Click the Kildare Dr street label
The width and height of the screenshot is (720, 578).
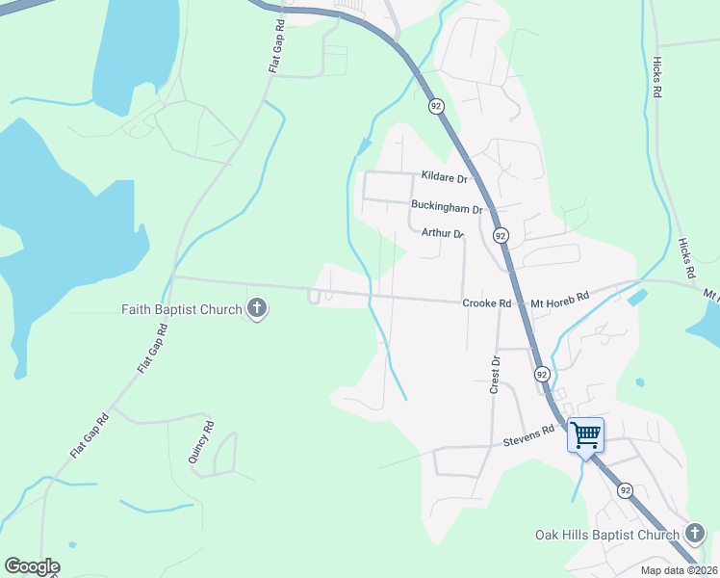(x=444, y=178)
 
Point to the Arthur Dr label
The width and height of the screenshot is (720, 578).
(x=443, y=233)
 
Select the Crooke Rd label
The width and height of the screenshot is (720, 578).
(x=486, y=302)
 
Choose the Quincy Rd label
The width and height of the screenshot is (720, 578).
(x=200, y=441)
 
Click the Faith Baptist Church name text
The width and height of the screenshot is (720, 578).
(x=181, y=309)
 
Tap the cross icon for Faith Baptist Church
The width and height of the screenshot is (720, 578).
(x=257, y=309)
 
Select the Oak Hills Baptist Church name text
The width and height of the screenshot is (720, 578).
(x=607, y=535)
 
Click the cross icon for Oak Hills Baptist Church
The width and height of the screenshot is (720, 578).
(x=695, y=535)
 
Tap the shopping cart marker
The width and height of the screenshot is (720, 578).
(x=585, y=434)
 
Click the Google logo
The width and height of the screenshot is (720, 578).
(x=32, y=566)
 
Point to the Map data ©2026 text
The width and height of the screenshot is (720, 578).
(x=665, y=570)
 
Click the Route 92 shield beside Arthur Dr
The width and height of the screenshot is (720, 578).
(x=501, y=235)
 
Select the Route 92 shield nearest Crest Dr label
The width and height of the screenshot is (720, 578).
(x=542, y=373)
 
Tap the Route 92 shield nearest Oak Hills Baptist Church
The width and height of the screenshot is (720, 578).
(x=626, y=490)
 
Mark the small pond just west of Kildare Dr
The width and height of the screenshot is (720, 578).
(x=364, y=146)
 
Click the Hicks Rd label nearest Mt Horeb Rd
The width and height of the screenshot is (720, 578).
(x=686, y=259)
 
